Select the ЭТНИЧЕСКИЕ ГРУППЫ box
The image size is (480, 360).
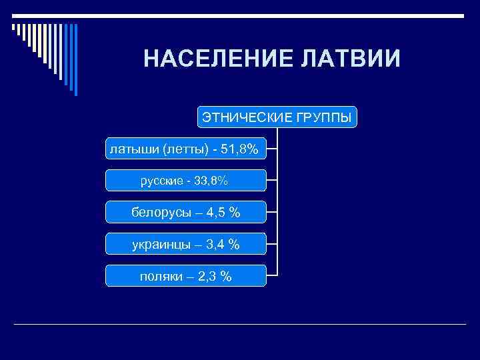(x=277, y=117)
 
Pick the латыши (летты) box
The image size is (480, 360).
(x=186, y=149)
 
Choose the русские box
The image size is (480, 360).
(x=186, y=180)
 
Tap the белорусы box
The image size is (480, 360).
(x=186, y=212)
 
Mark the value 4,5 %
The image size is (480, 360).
(x=223, y=213)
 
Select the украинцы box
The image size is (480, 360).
(x=186, y=244)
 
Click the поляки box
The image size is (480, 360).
(x=186, y=275)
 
